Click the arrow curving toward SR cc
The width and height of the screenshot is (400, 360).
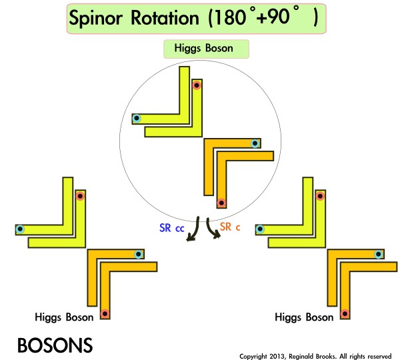[193, 230]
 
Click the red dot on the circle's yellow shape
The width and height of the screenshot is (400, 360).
[196, 86]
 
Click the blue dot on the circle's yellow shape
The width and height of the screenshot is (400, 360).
[137, 119]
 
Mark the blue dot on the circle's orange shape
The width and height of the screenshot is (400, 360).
[255, 144]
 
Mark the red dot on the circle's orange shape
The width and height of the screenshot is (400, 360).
[222, 203]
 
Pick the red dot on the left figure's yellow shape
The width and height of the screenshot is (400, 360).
[80, 196]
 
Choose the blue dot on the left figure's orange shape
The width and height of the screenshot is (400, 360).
[138, 254]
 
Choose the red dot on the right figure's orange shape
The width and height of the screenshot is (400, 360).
[345, 313]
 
